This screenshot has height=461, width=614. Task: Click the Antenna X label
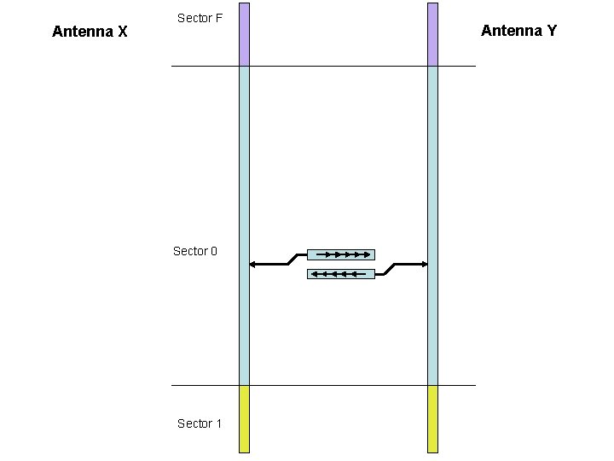[x=90, y=32]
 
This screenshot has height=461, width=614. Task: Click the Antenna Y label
[x=518, y=31]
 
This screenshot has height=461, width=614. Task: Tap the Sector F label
[x=200, y=18]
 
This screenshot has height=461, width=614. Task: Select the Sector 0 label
[x=195, y=251]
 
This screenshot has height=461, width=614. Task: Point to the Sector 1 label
[x=199, y=423]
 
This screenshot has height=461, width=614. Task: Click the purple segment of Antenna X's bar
[x=244, y=34]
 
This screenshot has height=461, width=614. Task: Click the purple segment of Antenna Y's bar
[x=432, y=34]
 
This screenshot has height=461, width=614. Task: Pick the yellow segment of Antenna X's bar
[x=244, y=418]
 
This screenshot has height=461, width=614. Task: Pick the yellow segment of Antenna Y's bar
[x=432, y=418]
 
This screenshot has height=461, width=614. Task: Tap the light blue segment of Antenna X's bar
[x=244, y=171]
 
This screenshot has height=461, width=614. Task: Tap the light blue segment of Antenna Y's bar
[x=432, y=171]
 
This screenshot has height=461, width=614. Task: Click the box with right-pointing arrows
[x=341, y=254]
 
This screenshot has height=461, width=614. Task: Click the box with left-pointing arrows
[x=341, y=274]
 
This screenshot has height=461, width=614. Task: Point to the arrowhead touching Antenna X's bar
[x=252, y=265]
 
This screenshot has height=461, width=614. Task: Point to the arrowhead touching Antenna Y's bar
[x=424, y=265]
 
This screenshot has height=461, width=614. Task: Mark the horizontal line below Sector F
[x=324, y=66]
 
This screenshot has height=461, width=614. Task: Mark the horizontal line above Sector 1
[x=324, y=385]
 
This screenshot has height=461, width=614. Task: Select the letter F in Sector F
[x=219, y=18]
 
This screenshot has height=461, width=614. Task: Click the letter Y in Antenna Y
[x=552, y=31]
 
